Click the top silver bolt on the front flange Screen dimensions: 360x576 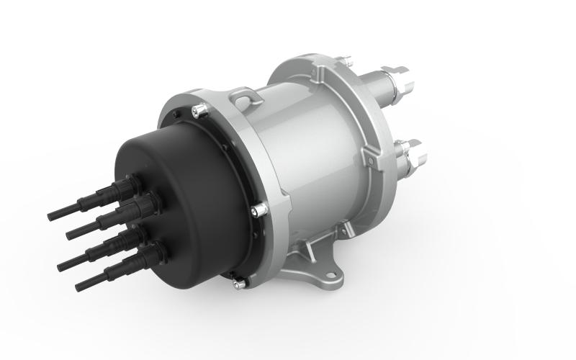point(202,109)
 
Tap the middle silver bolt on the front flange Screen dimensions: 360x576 point(258,210)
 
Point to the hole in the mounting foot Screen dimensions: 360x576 point(333,274)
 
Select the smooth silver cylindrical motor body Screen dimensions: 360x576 point(310,151)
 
